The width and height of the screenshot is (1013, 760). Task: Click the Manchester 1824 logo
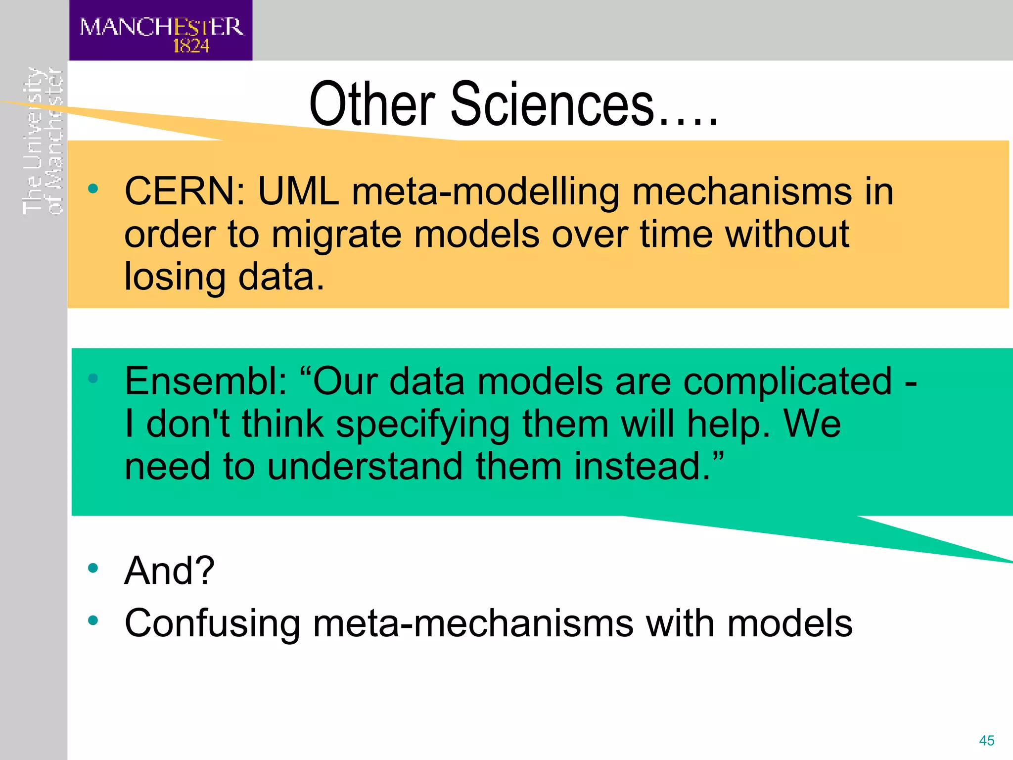click(161, 31)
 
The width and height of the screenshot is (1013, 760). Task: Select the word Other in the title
click(372, 105)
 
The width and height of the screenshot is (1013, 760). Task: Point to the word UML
click(298, 192)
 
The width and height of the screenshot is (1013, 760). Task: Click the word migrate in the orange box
click(336, 235)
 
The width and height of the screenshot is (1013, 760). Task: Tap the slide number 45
click(986, 741)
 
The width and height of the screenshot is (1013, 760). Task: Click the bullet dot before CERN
click(93, 189)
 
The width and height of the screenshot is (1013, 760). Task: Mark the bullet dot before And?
click(93, 568)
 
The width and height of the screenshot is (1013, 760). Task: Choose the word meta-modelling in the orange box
click(485, 192)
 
